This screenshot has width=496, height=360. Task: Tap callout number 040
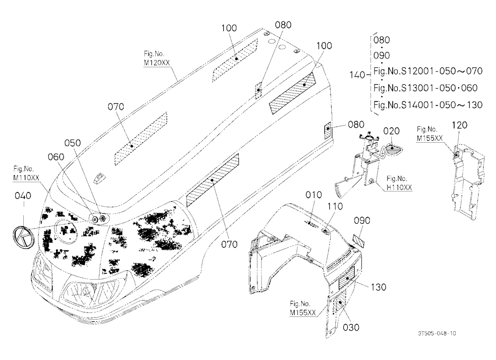pos(23,196)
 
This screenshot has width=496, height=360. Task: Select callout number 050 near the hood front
pos(72,143)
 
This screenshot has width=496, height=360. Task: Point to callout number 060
pos(56,157)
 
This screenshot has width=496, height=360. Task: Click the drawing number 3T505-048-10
pos(437,333)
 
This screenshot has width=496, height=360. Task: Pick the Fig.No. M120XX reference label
pos(157,58)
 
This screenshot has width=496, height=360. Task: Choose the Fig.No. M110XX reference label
pos(26,173)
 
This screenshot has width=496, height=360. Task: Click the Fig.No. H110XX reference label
pos(399,183)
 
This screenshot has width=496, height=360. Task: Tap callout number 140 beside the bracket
pos(357,75)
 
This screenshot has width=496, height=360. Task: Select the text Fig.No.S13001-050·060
pos(426,88)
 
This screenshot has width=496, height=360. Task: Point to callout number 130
pos(378,287)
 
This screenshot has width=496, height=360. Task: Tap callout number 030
pos(351,327)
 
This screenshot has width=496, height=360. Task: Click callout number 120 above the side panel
pos(459,125)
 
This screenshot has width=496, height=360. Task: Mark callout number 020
pos(391,131)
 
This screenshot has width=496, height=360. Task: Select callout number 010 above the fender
pos(313,195)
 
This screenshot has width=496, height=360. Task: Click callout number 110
pos(335,207)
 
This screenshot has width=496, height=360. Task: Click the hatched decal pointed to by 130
pos(347,277)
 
